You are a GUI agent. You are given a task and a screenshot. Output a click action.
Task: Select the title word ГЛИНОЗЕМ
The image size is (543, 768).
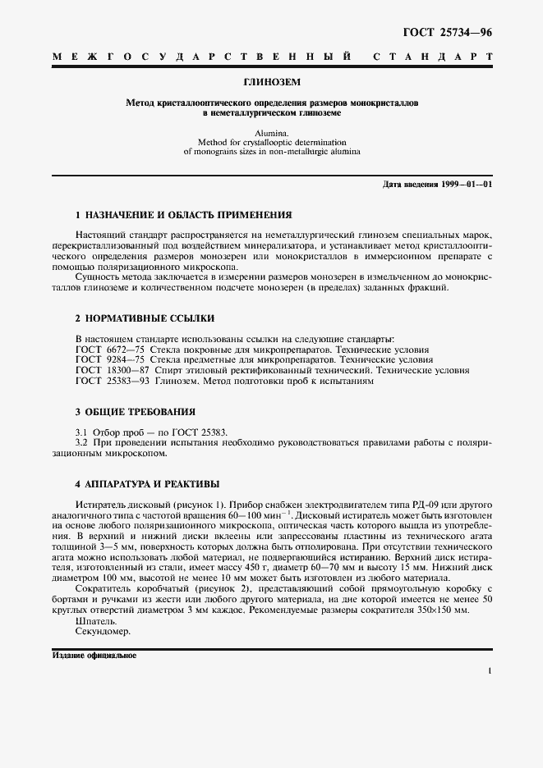click(271, 83)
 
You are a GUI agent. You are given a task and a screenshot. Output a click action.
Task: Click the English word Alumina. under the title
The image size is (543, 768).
click(271, 130)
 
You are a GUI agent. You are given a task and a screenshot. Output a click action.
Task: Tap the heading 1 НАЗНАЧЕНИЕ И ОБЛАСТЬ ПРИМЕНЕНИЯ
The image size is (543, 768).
click(183, 215)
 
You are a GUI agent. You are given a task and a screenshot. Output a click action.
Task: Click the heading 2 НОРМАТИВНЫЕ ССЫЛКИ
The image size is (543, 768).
click(145, 317)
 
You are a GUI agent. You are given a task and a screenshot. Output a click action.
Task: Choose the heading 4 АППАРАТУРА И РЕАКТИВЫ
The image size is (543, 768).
click(147, 483)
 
